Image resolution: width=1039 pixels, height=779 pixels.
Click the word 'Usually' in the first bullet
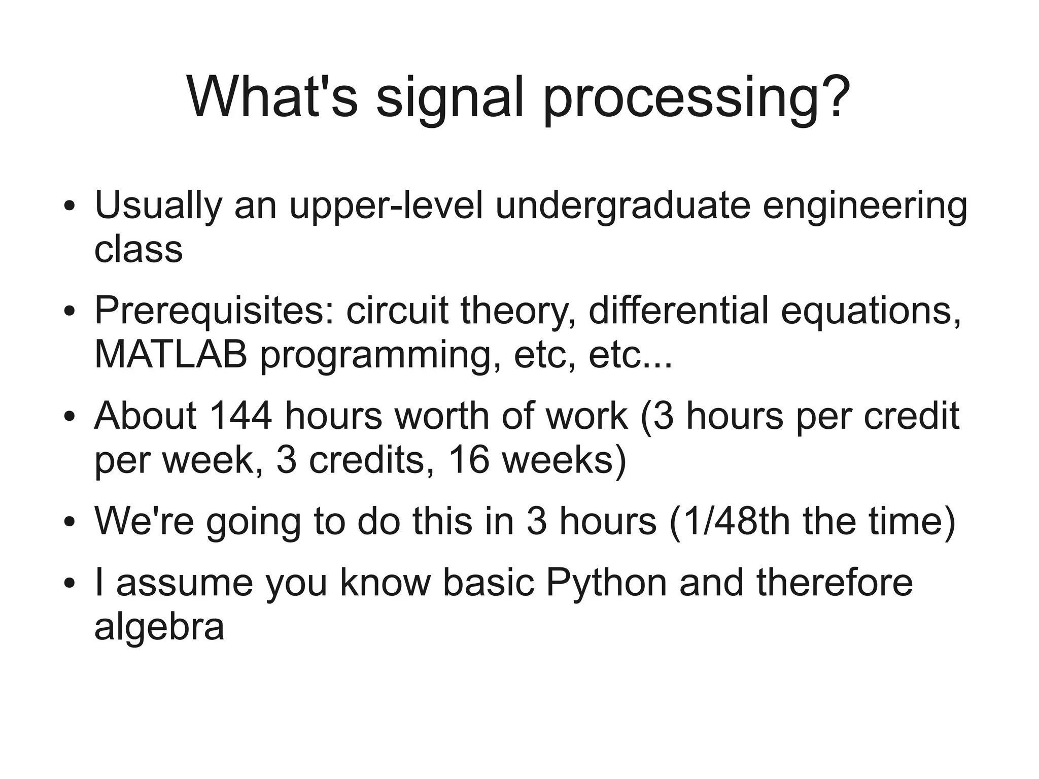(158, 206)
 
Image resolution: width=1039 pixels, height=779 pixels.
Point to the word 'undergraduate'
(622, 206)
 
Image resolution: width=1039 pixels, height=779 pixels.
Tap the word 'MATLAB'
(171, 354)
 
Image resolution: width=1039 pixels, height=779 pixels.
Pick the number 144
(241, 416)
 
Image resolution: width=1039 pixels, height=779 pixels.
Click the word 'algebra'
(159, 627)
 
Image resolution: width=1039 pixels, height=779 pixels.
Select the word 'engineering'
(865, 206)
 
